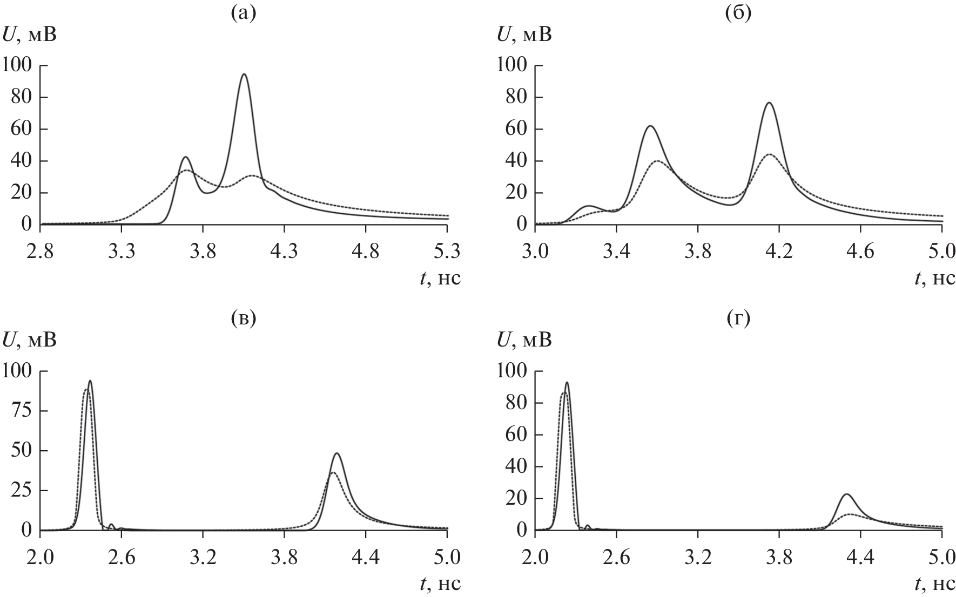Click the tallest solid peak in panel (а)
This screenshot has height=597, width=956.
(x=245, y=74)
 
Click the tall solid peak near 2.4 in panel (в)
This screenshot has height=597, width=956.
(x=90, y=381)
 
